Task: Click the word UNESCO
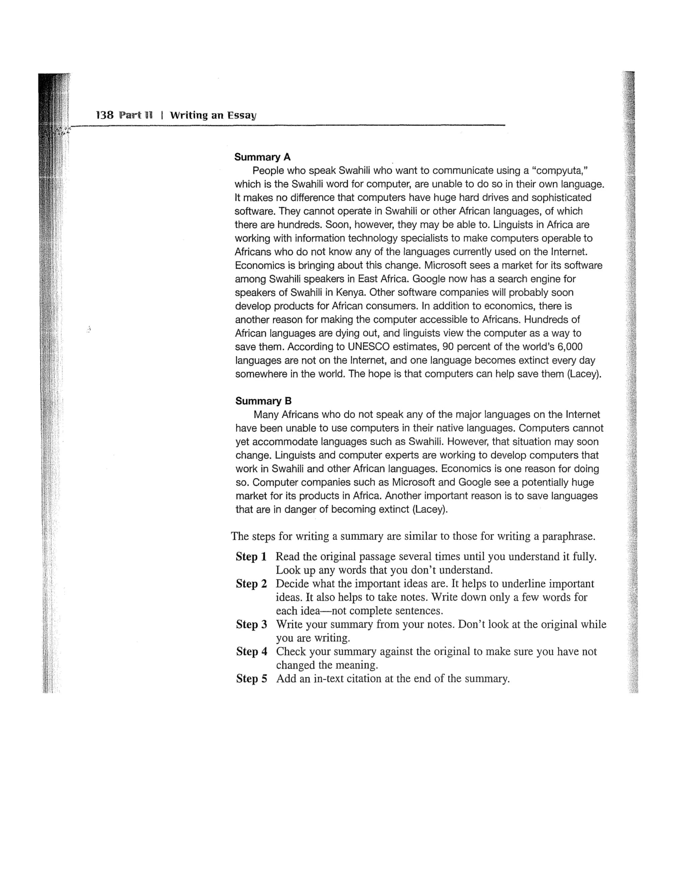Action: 368,347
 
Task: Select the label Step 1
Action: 251,557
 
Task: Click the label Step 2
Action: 251,584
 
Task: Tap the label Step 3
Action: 251,624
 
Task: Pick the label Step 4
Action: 252,651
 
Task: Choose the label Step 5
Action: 252,679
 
